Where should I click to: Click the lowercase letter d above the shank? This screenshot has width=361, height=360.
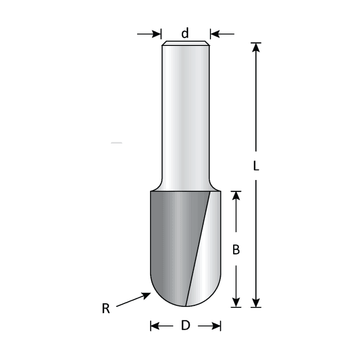pos(185,34)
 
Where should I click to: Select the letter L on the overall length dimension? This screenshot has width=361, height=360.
pos(256,166)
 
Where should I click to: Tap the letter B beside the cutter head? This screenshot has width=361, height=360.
pos(236,250)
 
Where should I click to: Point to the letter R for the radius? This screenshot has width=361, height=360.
pos(106,309)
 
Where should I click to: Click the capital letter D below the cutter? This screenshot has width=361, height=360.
pos(186,325)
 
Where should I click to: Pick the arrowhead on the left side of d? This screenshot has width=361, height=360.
pos(157,34)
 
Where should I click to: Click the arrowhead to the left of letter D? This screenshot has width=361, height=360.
pos(154,326)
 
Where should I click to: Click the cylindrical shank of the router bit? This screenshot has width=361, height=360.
pos(185,113)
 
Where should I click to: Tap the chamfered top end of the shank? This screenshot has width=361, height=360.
pos(185,43)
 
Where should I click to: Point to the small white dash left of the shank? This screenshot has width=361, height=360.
pos(117,142)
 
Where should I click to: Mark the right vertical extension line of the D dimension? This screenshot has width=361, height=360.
pos(221,326)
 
